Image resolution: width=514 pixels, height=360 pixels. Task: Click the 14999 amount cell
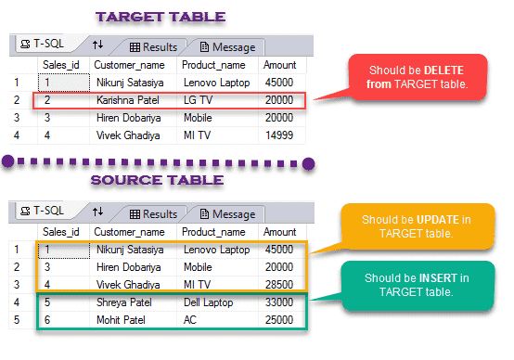point(280,135)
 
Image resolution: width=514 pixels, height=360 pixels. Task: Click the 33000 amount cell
point(280,302)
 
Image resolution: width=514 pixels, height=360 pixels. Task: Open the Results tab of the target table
point(154,45)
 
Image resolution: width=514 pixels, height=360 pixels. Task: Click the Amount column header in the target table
point(279,65)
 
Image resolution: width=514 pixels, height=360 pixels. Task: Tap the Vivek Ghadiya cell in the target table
point(127,135)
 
